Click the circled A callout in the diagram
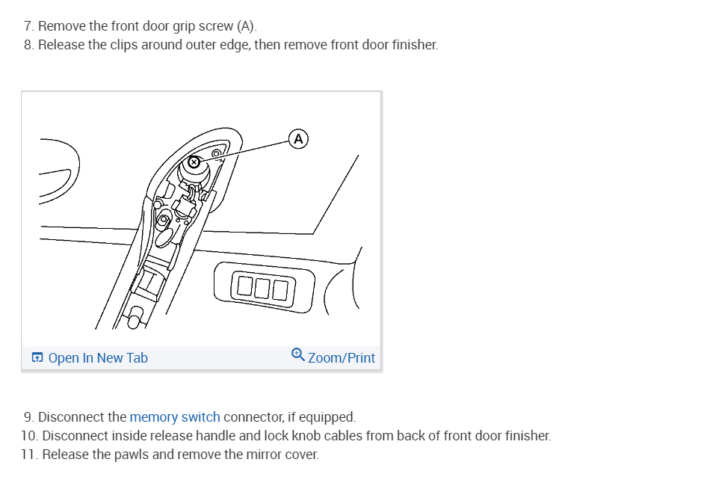pyautogui.click(x=298, y=138)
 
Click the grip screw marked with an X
pyautogui.click(x=194, y=161)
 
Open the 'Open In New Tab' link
pyautogui.click(x=98, y=358)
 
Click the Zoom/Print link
pyautogui.click(x=342, y=358)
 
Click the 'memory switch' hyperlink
pyautogui.click(x=175, y=417)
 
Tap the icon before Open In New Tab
pyautogui.click(x=37, y=358)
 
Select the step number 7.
pyautogui.click(x=28, y=27)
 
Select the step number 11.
pyautogui.click(x=28, y=455)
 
